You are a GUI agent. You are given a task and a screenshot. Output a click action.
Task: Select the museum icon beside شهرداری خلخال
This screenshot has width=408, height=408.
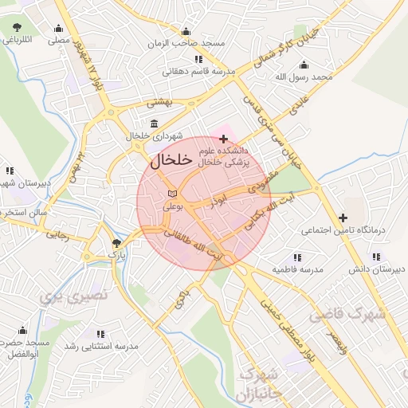(153, 124)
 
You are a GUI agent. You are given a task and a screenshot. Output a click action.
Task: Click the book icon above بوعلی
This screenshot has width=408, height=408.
(173, 194)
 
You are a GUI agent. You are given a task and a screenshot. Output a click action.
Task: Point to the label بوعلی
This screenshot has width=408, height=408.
(174, 206)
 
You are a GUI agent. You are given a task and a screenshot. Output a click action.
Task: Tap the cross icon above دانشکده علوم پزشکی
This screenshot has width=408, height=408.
(223, 139)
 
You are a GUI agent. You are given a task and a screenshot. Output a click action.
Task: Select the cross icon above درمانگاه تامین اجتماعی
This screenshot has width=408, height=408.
(343, 217)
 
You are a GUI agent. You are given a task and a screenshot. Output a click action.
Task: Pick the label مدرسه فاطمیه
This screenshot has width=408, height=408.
(297, 270)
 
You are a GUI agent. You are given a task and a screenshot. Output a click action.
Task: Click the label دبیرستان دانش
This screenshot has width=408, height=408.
(373, 269)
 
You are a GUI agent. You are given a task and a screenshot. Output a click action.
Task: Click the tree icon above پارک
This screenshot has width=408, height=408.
(117, 241)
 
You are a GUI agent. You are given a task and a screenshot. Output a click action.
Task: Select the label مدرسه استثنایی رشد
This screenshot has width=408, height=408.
(105, 347)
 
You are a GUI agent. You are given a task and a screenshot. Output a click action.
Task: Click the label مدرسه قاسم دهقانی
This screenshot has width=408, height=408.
(199, 71)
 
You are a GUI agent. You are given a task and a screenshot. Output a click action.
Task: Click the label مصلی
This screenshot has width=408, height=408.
(57, 38)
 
